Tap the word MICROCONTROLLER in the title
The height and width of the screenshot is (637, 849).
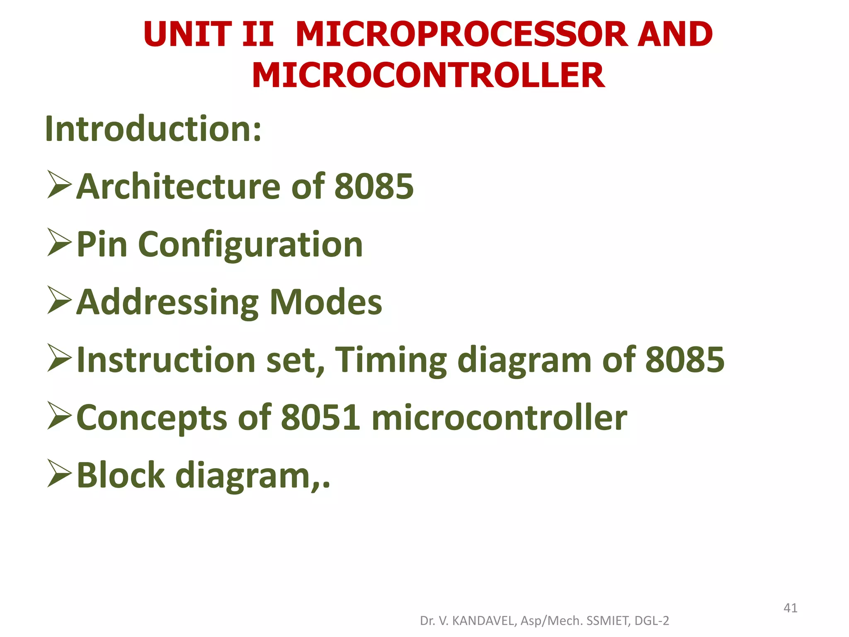tap(428, 75)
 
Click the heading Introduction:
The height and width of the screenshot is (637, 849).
tap(153, 129)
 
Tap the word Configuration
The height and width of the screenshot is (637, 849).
tap(250, 245)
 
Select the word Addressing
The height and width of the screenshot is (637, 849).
tap(167, 302)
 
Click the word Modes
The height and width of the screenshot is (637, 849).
tap(326, 302)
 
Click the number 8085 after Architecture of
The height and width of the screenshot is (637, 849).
tap(374, 186)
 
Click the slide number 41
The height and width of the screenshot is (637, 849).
tap(790, 608)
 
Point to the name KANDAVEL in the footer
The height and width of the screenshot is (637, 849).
tap(483, 621)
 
